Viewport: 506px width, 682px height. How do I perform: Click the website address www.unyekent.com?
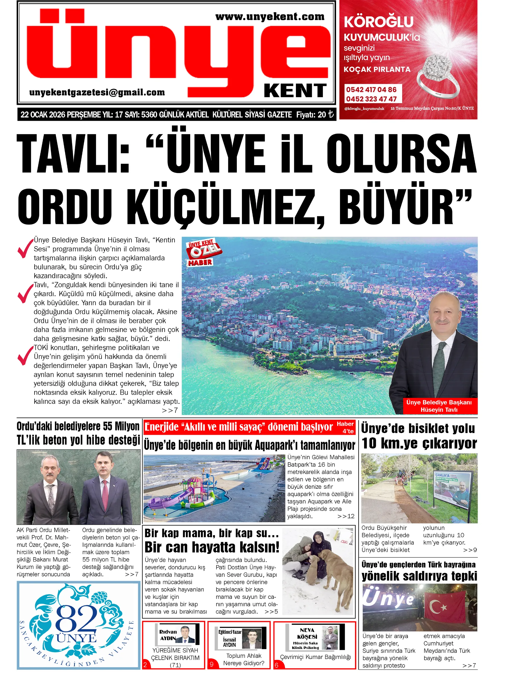269,17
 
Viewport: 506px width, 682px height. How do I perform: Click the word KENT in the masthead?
295,91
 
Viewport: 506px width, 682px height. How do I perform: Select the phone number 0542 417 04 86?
371,90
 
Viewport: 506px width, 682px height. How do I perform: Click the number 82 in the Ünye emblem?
76,619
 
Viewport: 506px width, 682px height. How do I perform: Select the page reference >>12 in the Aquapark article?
345,516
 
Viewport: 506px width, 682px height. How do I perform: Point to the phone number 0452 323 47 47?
371,99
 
